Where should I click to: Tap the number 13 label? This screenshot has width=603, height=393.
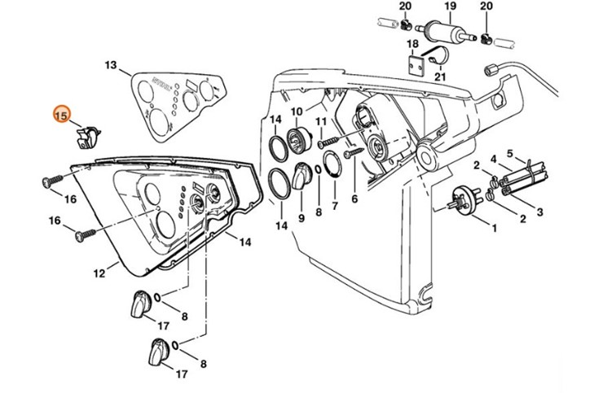(111, 65)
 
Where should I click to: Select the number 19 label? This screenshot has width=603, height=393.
(449, 7)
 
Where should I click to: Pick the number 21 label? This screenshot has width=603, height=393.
(441, 77)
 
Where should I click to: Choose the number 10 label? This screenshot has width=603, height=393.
(297, 111)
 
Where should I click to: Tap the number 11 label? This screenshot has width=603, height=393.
(321, 122)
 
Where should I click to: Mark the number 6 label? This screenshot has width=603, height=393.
(354, 198)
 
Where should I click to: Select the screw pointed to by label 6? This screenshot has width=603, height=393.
(353, 151)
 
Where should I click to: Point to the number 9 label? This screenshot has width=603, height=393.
(301, 218)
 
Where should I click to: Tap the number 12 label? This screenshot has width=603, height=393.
(99, 274)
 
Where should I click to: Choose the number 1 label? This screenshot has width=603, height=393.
(493, 228)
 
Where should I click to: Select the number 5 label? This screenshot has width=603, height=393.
(510, 153)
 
